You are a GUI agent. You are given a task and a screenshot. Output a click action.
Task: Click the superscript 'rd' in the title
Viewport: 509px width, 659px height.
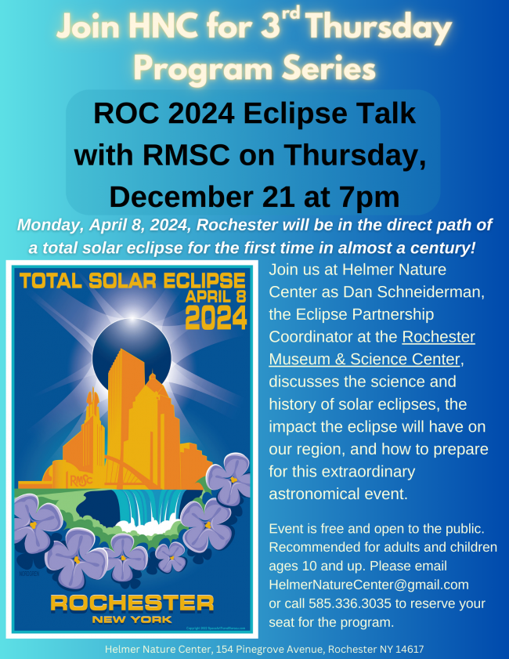290,14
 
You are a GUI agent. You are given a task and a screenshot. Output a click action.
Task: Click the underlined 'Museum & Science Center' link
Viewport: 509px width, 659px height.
365,360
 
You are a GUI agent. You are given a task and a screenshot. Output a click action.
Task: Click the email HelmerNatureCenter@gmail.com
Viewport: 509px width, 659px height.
369,585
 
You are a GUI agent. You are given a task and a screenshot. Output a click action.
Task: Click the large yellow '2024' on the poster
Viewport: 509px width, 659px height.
216,317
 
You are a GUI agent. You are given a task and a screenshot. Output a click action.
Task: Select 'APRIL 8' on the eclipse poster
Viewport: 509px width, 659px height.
215,297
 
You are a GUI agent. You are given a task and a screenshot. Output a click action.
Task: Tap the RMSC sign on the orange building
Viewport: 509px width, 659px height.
81,480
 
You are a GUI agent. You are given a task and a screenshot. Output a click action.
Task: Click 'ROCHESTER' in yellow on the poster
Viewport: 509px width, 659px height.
132,603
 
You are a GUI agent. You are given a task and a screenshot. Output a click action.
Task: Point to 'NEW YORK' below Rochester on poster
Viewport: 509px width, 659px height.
132,620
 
